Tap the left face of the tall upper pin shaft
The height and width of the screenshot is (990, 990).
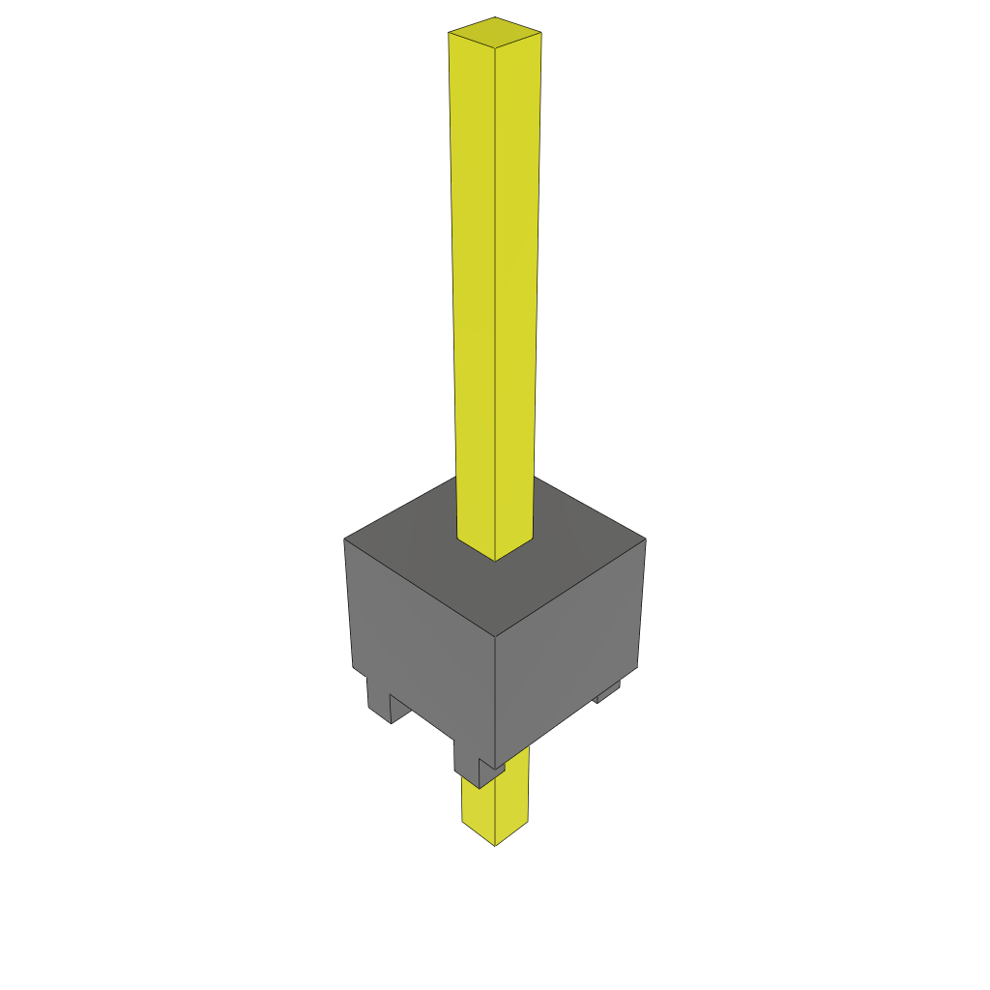tap(473, 290)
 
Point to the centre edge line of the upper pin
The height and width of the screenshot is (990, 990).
tap(495, 290)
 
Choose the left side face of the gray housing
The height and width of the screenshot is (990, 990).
tap(421, 638)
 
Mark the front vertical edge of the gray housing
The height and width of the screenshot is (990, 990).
tap(495, 696)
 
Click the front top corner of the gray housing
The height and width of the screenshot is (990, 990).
tap(495, 636)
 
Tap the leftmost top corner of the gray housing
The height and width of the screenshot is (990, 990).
tap(344, 539)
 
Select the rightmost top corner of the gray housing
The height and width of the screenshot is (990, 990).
tap(645, 539)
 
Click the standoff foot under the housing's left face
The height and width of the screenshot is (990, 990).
tap(379, 701)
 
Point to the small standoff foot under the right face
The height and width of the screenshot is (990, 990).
tap(607, 692)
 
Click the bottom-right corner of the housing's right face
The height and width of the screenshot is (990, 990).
tap(637, 666)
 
